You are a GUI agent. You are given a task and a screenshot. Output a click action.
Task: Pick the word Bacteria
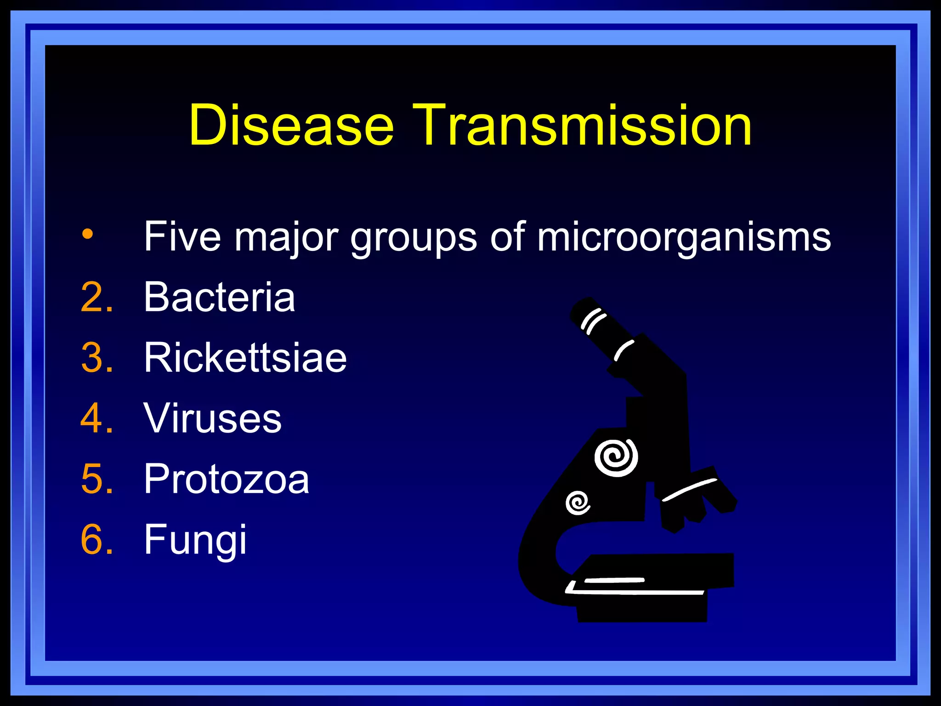[x=219, y=297]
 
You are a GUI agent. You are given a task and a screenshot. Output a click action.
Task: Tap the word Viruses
[x=212, y=418]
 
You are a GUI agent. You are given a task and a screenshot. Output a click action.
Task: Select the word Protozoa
[x=227, y=479]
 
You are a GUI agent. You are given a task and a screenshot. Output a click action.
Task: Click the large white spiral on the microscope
[x=616, y=457]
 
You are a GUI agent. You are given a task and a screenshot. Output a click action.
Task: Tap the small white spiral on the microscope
[x=578, y=503]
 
